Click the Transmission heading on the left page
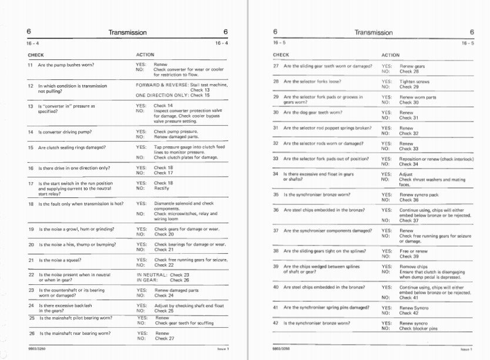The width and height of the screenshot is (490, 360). point(127,33)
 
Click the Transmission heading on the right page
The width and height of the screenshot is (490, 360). point(373,33)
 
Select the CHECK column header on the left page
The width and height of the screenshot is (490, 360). point(36,55)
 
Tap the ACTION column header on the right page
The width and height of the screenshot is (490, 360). point(390,55)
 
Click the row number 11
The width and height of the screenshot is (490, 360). point(31,65)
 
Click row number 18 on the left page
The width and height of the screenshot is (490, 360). point(31,204)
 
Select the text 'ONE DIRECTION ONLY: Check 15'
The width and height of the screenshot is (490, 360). point(173,95)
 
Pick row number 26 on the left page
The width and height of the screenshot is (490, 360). point(32,334)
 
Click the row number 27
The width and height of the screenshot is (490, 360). point(276,66)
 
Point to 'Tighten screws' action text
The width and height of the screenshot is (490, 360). point(414,82)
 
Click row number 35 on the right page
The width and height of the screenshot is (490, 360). point(276,194)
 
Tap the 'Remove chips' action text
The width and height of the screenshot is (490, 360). point(414,267)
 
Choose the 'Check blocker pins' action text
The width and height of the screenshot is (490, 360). point(419,328)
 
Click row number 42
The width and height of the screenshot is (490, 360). point(276,323)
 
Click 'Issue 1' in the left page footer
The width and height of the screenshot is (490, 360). point(223,349)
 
